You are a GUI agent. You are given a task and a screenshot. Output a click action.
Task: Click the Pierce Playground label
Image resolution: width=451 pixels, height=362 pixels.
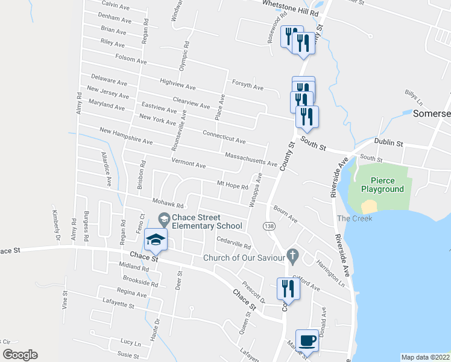coord(382,185)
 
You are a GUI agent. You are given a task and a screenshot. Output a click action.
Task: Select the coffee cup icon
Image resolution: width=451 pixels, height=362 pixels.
coord(307,340)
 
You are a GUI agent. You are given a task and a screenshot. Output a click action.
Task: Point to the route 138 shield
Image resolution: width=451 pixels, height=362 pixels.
coord(270,226)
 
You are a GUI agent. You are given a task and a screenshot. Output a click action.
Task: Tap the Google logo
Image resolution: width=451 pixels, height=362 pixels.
coord(20,355)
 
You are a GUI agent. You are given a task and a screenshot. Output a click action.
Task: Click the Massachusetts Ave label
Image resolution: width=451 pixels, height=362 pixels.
coord(250,160)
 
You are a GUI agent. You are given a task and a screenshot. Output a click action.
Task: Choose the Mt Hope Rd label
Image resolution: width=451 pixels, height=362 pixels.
coord(233,185)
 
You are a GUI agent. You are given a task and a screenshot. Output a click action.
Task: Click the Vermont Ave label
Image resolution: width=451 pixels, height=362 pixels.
coord(189,164)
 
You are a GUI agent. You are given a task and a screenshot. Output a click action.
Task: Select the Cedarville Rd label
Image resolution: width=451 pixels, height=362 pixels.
coord(234,244)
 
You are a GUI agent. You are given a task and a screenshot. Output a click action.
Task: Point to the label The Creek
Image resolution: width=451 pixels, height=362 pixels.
coord(355,218)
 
